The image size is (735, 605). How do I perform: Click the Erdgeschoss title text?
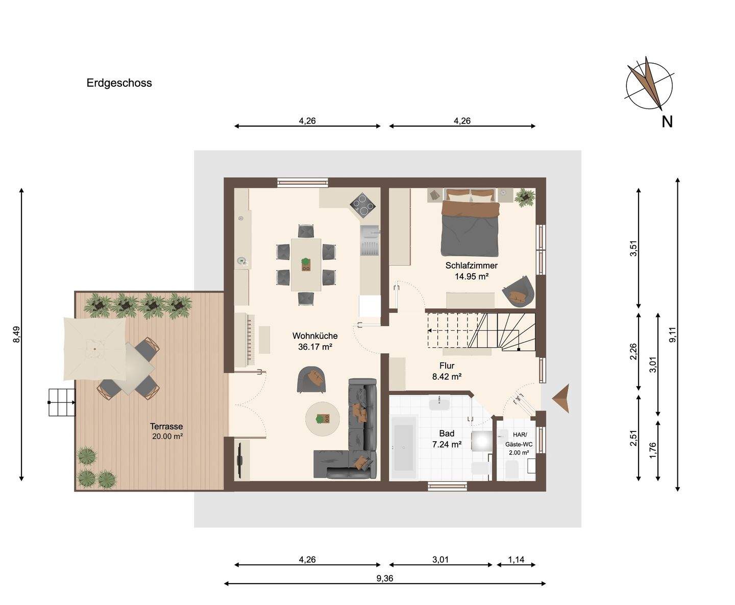tap(119, 83)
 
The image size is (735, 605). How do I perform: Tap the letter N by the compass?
tap(667, 122)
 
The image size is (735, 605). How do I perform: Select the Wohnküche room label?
tap(315, 336)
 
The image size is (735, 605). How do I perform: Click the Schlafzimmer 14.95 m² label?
tap(471, 271)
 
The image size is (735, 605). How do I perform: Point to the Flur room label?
tap(447, 366)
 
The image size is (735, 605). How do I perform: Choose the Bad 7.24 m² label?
tap(447, 439)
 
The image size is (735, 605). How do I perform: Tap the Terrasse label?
tap(166, 426)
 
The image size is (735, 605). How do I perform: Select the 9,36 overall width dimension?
tap(385, 578)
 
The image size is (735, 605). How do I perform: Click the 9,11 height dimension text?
tap(672, 334)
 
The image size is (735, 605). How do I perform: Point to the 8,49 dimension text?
tap(16, 334)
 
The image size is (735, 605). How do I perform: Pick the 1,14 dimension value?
tap(516, 560)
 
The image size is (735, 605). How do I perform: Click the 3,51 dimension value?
tap(633, 248)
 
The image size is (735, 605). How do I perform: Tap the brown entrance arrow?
tap(561, 398)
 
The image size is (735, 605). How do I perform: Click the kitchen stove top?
tap(363, 205)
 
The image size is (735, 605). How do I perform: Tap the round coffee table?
tap(323, 419)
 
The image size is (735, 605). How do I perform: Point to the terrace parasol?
tap(94, 349)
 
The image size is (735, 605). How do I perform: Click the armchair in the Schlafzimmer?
tap(518, 291)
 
